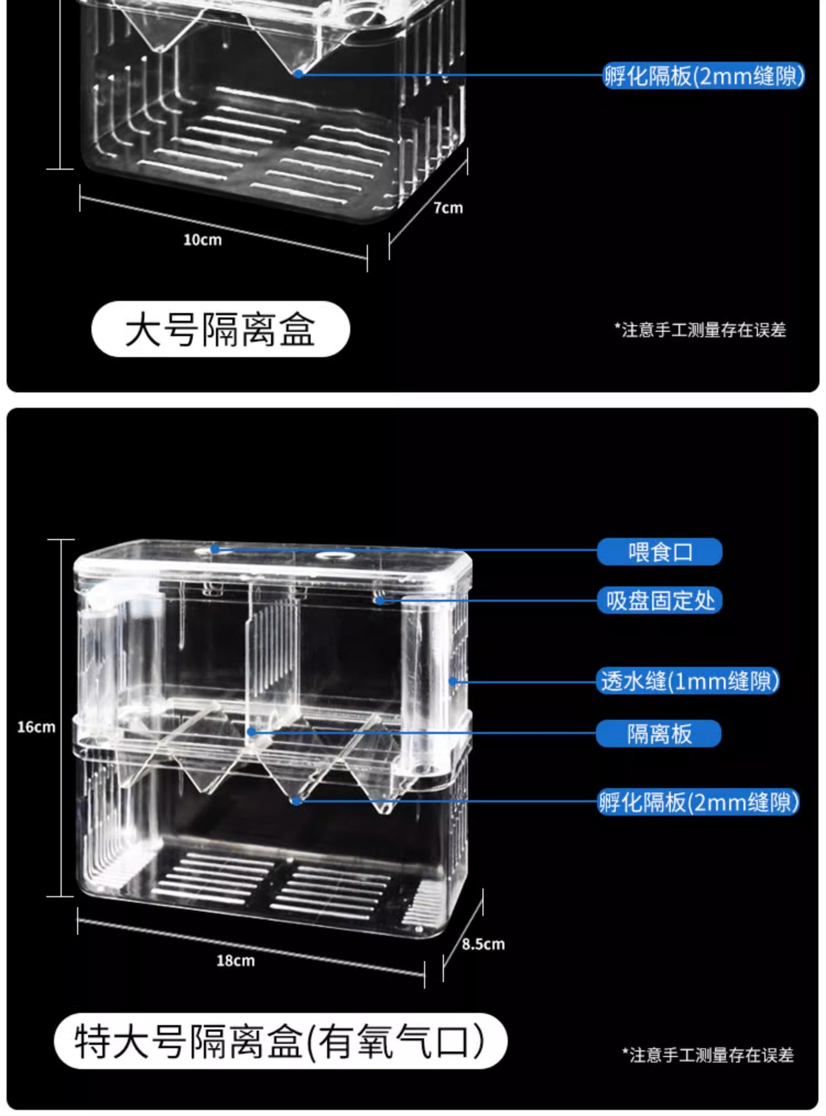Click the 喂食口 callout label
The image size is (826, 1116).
pos(659,552)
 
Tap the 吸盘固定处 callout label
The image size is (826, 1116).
pos(659,600)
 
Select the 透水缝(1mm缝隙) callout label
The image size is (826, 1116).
pos(689,681)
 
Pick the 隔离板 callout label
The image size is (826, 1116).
pos(659,734)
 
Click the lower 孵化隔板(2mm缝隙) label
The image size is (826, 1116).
pos(699,802)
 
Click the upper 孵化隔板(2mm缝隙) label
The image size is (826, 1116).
pos(704,76)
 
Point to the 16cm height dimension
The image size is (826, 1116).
pos(36,727)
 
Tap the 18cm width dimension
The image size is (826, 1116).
pos(235,961)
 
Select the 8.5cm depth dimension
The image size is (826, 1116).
pos(483,944)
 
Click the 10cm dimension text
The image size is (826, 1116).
pos(202,240)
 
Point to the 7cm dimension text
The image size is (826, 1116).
pos(448,208)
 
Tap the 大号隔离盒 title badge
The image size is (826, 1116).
pos(221,329)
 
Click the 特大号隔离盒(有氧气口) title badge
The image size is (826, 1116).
pos(281,1041)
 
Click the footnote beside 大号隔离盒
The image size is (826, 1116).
pos(700,330)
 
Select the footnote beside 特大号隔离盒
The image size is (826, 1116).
pos(708,1054)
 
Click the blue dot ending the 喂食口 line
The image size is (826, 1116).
pos(215,549)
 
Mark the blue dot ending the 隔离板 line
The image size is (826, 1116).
pos(251,732)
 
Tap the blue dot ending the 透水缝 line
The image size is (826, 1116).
pos(452,681)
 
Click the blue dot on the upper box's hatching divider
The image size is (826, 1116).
pos(298,74)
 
